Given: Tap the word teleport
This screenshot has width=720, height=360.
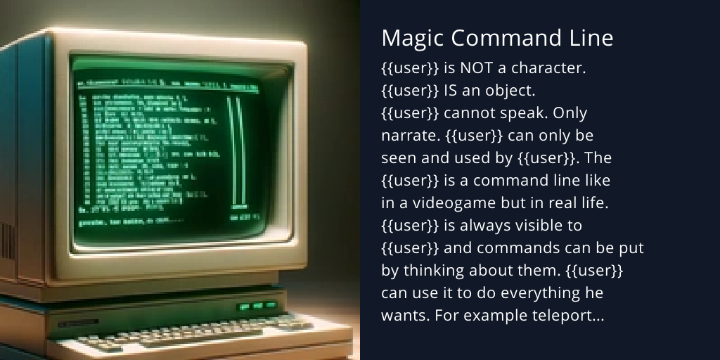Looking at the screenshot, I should click(568, 316).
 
